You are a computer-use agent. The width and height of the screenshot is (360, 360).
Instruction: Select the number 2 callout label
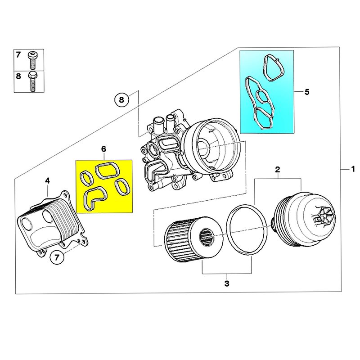[278, 170]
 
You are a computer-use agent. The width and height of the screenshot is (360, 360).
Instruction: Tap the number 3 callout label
[227, 283]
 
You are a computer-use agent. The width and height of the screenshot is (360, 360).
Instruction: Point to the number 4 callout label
[47, 181]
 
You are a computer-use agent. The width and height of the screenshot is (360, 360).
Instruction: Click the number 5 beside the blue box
[307, 92]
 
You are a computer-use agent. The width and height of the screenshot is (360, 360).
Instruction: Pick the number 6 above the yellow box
[103, 149]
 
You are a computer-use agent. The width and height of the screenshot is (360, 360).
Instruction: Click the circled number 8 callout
[121, 99]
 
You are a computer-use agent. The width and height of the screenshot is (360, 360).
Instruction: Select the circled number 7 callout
[57, 258]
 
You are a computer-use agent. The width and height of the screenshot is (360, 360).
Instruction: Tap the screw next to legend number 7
[33, 59]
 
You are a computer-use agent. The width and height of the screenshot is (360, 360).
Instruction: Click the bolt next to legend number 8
[33, 81]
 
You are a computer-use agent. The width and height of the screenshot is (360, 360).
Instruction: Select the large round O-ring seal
[246, 229]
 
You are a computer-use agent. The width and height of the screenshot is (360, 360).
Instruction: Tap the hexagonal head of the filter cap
[325, 217]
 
